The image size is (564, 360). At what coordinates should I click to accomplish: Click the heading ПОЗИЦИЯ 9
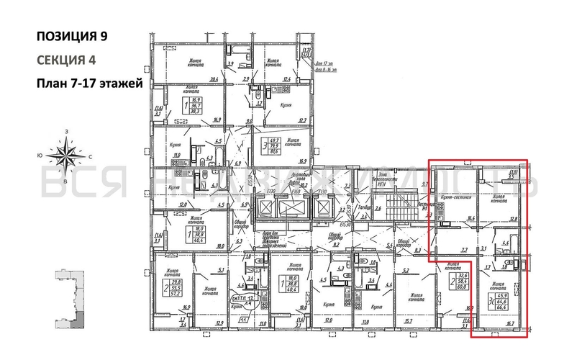[74, 35]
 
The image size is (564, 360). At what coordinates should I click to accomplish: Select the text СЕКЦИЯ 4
[65, 59]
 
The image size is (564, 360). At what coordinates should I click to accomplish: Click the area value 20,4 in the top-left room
[213, 80]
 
